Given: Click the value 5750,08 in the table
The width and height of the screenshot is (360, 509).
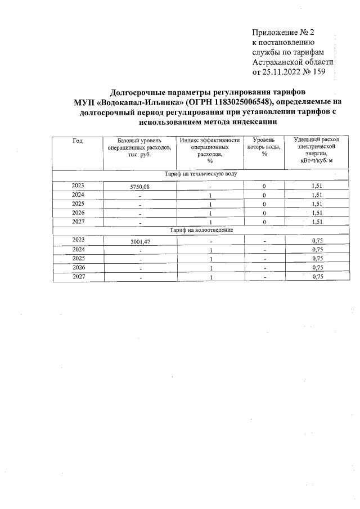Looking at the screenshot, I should tap(139, 187).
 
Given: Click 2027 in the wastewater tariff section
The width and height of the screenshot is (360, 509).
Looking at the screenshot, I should tap(78, 277).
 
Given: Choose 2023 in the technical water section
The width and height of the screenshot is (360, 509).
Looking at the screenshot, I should tap(78, 185).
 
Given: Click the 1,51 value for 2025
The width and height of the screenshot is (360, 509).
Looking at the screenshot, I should tap(317, 204).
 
